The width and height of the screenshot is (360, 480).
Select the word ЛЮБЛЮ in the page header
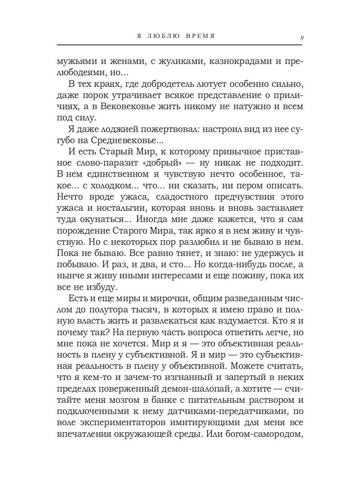point(163,36)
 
